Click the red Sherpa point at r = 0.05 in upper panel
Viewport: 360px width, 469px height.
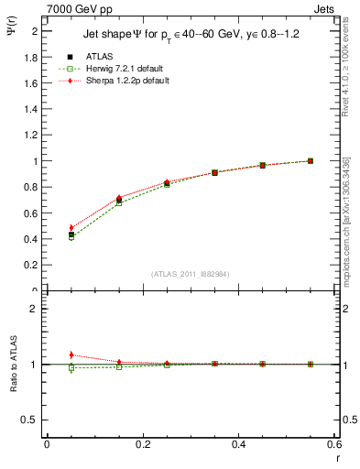(71, 227)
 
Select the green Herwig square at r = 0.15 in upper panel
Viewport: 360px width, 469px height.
(119, 202)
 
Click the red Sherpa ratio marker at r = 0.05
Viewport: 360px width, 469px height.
(71, 354)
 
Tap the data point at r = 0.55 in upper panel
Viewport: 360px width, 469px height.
(311, 161)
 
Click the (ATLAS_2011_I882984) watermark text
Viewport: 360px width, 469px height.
(190, 274)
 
